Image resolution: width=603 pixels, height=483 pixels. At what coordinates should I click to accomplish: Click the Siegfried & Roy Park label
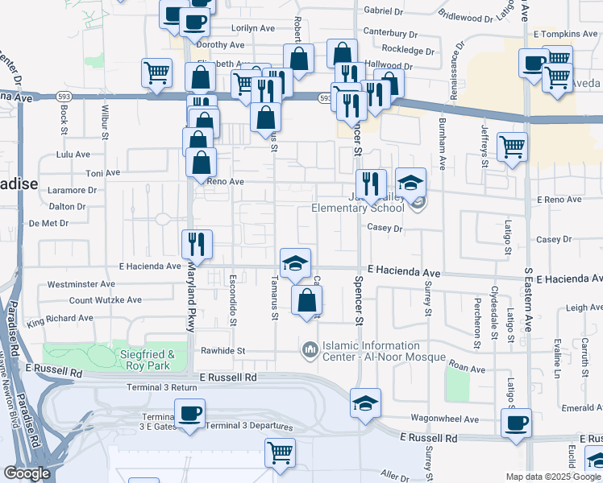pos(148,358)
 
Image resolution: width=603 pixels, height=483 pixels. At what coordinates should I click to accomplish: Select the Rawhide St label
pos(222,351)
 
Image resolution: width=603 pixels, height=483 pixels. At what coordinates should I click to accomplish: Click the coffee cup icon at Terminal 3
pos(190,414)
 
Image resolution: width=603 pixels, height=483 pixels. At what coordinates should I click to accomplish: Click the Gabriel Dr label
pos(384,11)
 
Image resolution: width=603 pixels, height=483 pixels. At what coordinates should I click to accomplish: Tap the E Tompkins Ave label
pos(565,35)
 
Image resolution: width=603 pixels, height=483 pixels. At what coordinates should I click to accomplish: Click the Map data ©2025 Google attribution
pos(553,477)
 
